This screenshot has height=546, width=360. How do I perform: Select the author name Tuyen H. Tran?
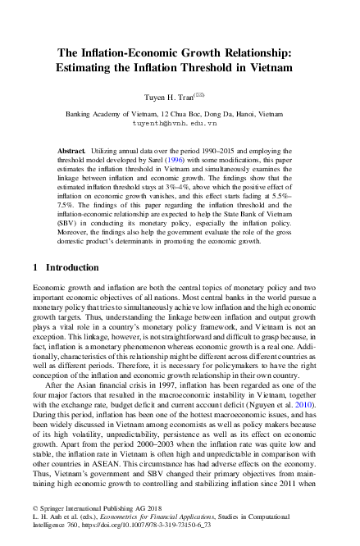[170, 98]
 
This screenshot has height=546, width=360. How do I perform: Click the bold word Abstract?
[72, 153]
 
